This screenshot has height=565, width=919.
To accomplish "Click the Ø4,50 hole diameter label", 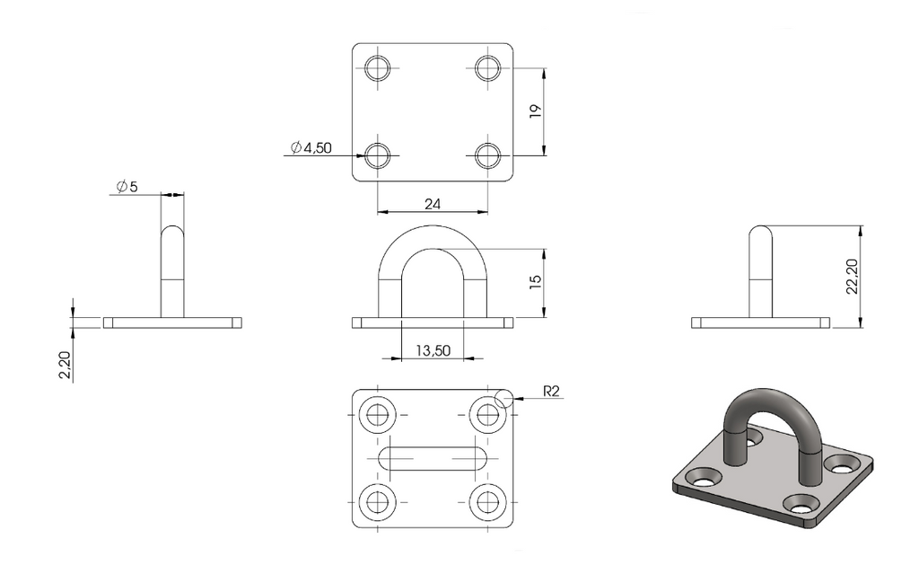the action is click(311, 148).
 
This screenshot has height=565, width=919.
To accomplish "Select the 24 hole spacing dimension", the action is click(433, 204).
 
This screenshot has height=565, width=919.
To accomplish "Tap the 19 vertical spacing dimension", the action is click(535, 112).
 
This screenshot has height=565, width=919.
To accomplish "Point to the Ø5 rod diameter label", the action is click(127, 187).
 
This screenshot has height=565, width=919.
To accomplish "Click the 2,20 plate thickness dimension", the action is click(65, 365).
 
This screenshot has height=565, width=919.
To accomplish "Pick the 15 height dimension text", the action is click(535, 282).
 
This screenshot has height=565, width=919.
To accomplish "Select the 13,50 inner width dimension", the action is click(433, 350).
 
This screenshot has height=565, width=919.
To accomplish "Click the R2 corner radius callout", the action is click(552, 392).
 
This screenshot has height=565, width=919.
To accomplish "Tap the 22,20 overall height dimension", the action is click(853, 276).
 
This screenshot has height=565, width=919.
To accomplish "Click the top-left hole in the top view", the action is click(378, 68).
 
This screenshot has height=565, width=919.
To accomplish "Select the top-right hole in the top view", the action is click(487, 68).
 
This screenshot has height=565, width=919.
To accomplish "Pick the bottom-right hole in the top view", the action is click(487, 155).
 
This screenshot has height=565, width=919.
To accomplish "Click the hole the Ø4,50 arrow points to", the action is click(378, 155).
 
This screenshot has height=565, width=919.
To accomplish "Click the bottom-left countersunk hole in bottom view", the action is click(378, 502).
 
